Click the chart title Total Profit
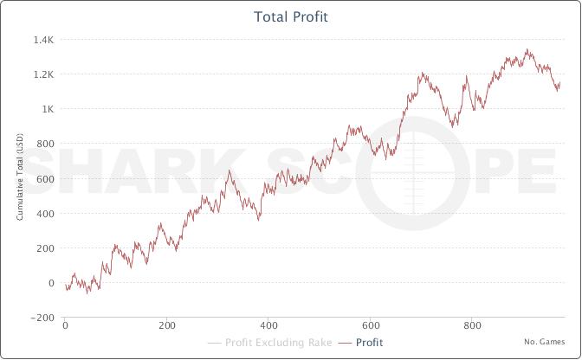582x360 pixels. [x=291, y=16]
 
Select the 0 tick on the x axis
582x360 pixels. [x=65, y=326]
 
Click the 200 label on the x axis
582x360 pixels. [x=167, y=326]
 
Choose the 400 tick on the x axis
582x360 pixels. [x=269, y=326]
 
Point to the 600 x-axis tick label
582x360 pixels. [x=371, y=326]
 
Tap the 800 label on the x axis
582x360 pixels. [x=473, y=326]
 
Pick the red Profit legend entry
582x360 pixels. [x=363, y=343]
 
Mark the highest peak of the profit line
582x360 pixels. [x=527, y=49]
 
